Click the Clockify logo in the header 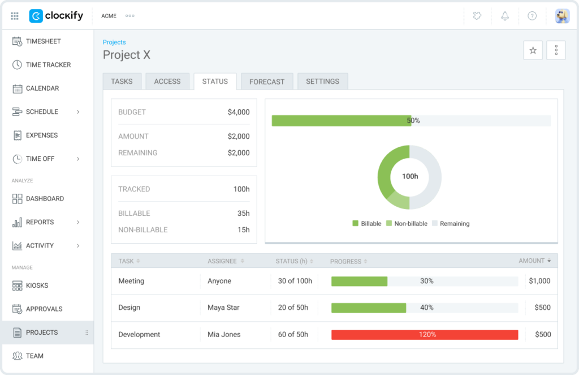56,16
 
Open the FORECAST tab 267,82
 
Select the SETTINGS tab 322,82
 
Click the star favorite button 533,50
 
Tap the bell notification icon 505,16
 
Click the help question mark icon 532,16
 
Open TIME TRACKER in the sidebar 48,65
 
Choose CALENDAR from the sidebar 42,88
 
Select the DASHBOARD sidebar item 45,199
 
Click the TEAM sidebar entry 34,356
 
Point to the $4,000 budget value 238,112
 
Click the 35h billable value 243,214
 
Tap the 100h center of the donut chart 410,176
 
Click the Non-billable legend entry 407,224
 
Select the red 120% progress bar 425,335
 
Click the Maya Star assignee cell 223,308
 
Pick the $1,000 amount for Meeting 539,281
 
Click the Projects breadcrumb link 114,42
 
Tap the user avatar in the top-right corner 562,16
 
